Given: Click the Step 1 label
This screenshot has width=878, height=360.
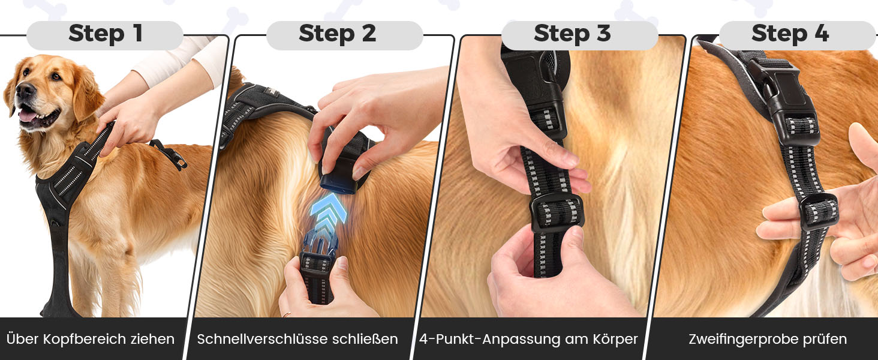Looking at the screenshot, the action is click(105, 34).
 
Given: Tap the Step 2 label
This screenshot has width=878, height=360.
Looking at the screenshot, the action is click(338, 34).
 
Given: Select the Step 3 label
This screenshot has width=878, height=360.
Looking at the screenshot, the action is click(572, 34).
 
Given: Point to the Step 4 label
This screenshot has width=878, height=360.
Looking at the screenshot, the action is click(790, 34).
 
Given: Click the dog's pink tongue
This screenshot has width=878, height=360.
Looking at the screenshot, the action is click(28, 116).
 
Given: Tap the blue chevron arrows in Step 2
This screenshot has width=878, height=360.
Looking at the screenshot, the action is click(327, 214).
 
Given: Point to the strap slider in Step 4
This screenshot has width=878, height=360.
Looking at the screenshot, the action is click(819, 211).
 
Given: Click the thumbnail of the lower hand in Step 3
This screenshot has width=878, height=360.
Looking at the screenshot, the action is click(577, 232).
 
